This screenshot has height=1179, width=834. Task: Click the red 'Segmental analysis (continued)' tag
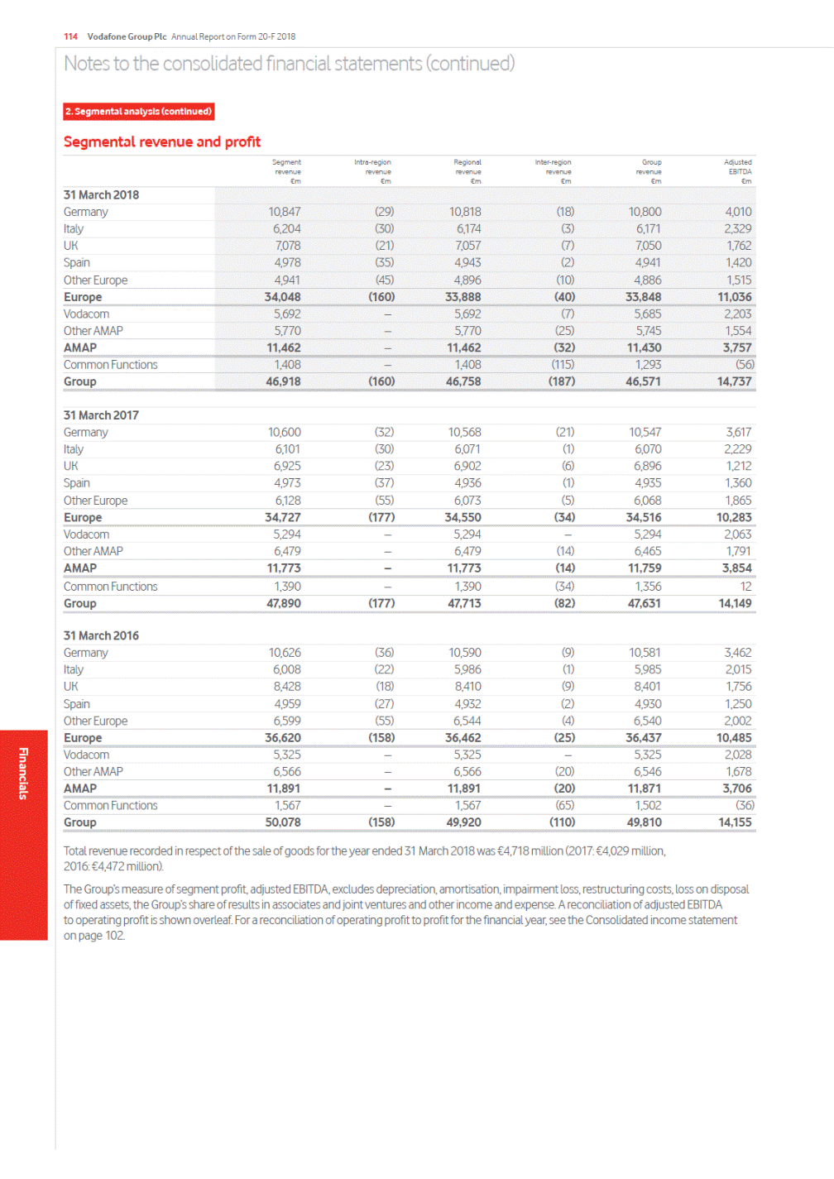point(139,112)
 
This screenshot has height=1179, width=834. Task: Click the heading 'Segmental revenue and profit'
point(162,142)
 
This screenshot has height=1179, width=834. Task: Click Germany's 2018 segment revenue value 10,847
point(285,212)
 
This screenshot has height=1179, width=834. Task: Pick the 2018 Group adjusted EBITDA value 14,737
point(734,381)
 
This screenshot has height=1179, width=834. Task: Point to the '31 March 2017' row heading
point(101,415)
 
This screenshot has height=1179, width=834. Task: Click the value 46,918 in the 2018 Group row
point(283,381)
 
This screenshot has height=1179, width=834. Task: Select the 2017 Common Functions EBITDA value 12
point(745,587)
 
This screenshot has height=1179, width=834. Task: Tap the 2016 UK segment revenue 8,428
point(287,687)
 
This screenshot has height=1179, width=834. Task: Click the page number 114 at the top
point(70,36)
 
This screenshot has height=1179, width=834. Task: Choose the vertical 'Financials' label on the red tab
point(23,773)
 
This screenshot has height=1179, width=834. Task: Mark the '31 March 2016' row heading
point(101,635)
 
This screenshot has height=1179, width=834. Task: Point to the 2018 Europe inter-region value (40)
point(564,297)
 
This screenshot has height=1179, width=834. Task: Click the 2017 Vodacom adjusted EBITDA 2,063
point(737,534)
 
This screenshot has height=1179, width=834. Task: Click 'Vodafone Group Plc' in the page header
point(127,36)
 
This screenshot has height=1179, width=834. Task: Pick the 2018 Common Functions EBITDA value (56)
point(744,365)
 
